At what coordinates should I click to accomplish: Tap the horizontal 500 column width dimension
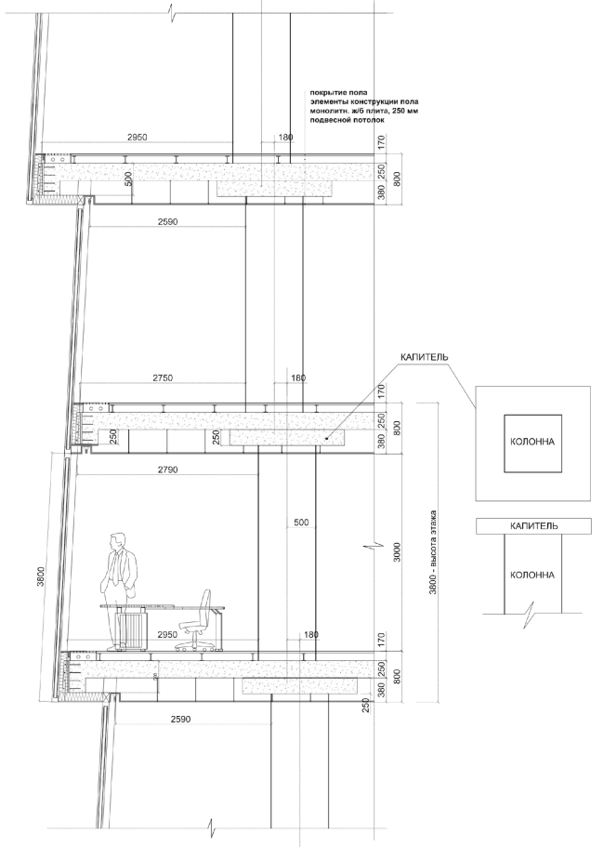[x=299, y=523]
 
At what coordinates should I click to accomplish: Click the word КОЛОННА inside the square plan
[x=532, y=441]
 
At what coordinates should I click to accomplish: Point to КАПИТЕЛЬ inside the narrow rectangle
[x=532, y=526]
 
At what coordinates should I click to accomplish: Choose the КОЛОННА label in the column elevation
[x=532, y=575]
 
